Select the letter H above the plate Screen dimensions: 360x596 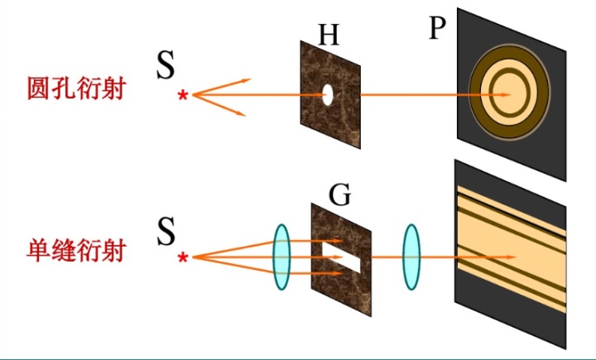329,34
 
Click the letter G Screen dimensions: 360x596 339,194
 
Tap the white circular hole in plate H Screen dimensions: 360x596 328,94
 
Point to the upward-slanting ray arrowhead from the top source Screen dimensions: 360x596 246,80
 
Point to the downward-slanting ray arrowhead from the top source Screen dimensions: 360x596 242,113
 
